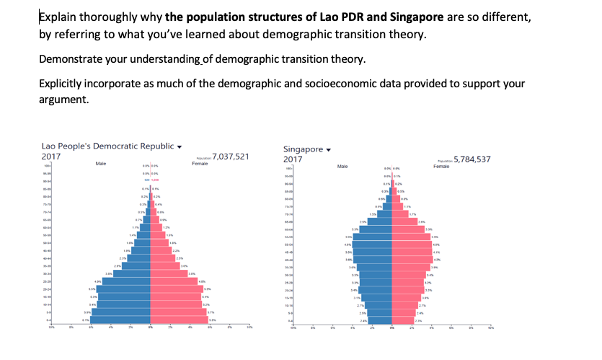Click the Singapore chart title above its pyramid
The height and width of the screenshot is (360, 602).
[x=302, y=149]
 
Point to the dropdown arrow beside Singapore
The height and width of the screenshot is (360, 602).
[x=329, y=150]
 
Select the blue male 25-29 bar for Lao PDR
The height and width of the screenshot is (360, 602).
[x=126, y=281]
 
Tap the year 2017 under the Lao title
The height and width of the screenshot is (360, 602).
[x=51, y=156]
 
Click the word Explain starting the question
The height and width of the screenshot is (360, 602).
[x=60, y=17]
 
